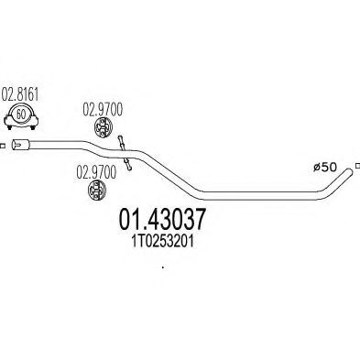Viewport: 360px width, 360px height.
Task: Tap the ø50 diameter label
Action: pos(327,167)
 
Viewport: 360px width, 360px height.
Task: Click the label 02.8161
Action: pos(21,94)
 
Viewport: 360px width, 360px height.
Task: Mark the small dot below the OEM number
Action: pos(162,267)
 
